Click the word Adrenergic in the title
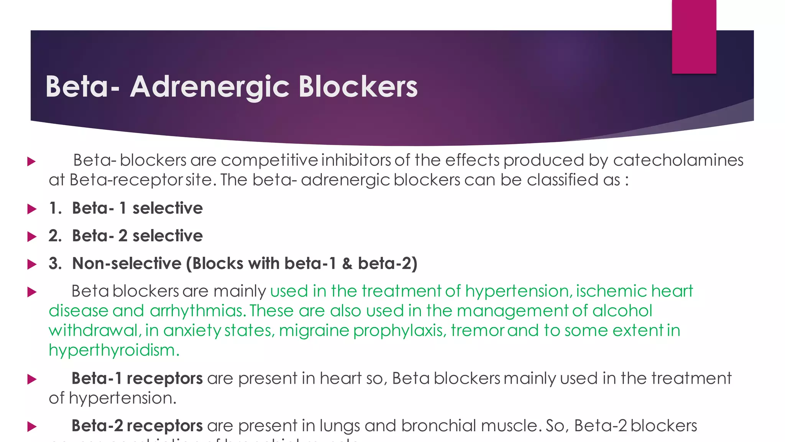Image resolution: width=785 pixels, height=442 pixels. pos(210,87)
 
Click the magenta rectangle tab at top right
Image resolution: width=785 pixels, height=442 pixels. pos(694,37)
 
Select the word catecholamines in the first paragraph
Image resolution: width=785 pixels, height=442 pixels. pos(678,160)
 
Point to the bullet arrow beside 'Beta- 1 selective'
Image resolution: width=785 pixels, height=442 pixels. pos(32,209)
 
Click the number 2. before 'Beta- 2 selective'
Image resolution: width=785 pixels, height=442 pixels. pos(55,236)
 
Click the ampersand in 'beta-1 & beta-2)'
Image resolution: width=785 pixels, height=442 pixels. pos(347,264)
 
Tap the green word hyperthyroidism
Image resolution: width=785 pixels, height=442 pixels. pos(114,350)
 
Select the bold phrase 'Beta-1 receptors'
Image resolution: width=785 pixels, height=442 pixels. pos(137,379)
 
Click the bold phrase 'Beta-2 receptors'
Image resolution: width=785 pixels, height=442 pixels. pos(137,426)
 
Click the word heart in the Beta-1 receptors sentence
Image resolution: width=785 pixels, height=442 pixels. pos(340,379)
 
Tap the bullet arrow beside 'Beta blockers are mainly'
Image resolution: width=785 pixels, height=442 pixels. pos(32,292)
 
